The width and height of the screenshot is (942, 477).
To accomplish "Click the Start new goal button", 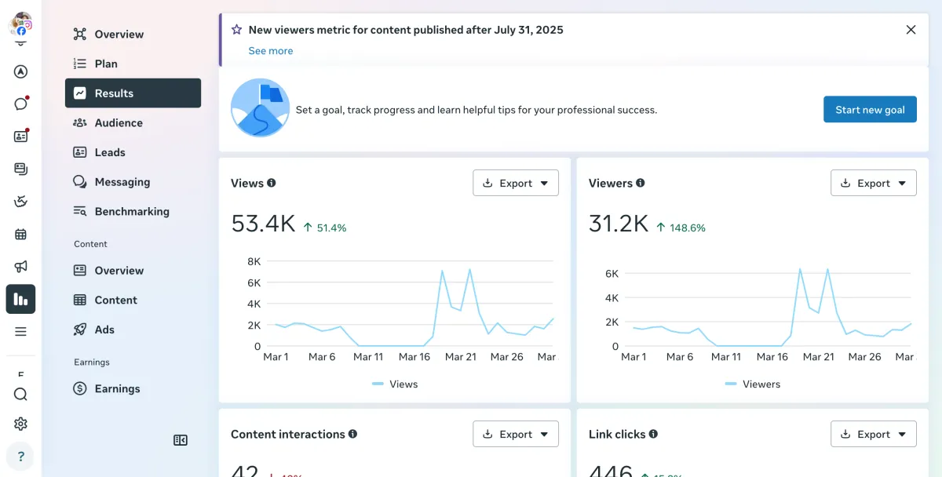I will [870, 110].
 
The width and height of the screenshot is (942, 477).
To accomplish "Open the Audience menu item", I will [118, 123].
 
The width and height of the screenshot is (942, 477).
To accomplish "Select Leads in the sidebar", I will [109, 152].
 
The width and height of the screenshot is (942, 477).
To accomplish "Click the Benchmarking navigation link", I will [131, 212].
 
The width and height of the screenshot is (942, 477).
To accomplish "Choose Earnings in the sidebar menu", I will [116, 389].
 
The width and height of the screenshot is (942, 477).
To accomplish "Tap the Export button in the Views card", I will [516, 184].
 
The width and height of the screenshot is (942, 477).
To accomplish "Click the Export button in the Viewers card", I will [873, 184].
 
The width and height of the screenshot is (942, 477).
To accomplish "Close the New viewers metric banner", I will [911, 30].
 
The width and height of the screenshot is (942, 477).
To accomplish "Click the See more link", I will [271, 51].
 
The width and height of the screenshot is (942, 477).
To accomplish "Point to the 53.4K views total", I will [263, 224].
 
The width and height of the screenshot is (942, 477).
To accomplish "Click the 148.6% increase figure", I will [687, 228].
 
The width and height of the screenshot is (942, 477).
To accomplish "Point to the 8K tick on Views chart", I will [254, 261].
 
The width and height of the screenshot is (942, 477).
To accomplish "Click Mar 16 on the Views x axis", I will [414, 357].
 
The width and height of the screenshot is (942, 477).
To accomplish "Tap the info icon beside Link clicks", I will [653, 434].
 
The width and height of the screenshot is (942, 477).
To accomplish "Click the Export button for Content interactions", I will [516, 435].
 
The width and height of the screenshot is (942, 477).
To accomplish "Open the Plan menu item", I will [106, 64].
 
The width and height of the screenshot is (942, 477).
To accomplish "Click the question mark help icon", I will [21, 457].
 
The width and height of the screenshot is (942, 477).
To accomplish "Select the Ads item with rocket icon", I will [104, 330].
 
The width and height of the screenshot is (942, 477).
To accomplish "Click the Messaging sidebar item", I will [122, 182].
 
